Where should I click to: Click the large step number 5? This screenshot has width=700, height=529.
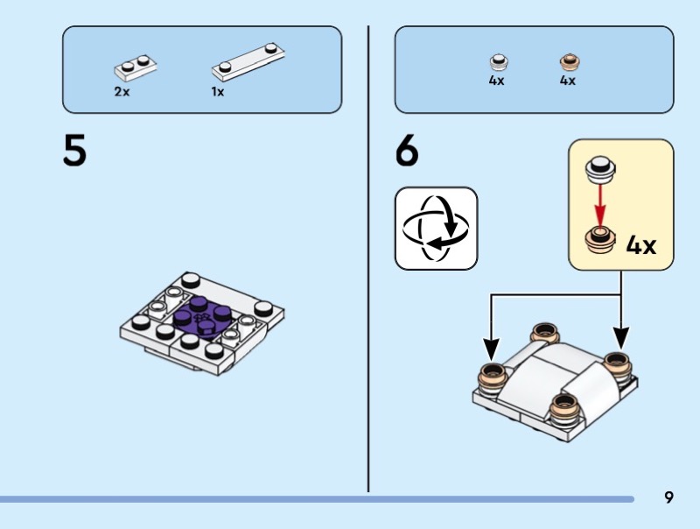[x=74, y=152]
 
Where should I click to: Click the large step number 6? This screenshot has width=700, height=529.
[x=407, y=152]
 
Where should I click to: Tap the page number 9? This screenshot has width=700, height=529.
[x=668, y=497]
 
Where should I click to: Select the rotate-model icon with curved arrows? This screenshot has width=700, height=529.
[x=436, y=229]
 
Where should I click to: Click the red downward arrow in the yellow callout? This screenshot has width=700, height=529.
[x=600, y=207]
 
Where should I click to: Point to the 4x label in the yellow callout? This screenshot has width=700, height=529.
[x=641, y=244]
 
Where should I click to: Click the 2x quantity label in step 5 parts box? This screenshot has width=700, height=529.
[x=122, y=91]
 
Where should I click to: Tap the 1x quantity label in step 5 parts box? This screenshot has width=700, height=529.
[x=217, y=91]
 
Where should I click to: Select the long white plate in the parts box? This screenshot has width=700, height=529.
[x=250, y=59]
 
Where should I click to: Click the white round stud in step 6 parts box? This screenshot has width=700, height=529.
[x=499, y=62]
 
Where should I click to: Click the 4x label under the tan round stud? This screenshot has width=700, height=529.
[x=568, y=81]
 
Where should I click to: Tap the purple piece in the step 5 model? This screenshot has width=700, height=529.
[x=201, y=315]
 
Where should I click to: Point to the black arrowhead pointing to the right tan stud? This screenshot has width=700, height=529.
[x=621, y=341]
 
